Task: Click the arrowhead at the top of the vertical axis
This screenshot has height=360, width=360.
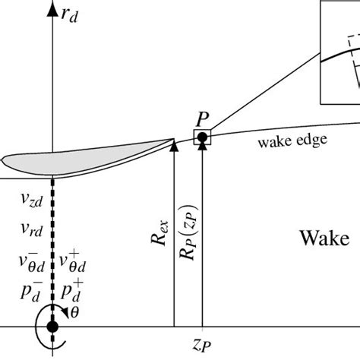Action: (52, 8)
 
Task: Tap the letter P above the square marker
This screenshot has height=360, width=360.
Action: (203, 120)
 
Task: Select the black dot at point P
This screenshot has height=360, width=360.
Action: (203, 137)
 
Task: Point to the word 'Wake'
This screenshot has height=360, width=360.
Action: (322, 239)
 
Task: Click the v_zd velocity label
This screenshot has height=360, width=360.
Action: (32, 201)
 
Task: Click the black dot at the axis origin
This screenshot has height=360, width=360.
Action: (52, 327)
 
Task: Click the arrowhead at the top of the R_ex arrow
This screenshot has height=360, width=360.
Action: (174, 144)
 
